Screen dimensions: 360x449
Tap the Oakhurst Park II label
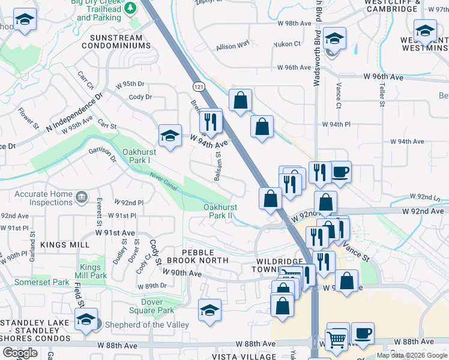click(x=220, y=211)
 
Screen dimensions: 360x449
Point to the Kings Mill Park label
click(x=93, y=271)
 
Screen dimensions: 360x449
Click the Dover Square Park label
click(x=149, y=306)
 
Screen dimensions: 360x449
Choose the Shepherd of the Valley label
click(x=147, y=325)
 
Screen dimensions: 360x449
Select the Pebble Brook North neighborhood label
click(x=197, y=256)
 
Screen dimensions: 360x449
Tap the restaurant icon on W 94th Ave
click(x=211, y=121)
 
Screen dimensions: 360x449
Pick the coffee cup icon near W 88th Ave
click(x=362, y=334)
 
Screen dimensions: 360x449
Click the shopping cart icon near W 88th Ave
click(x=337, y=337)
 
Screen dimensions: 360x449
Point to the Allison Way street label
click(x=233, y=46)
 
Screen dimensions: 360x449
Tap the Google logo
click(x=20, y=353)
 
